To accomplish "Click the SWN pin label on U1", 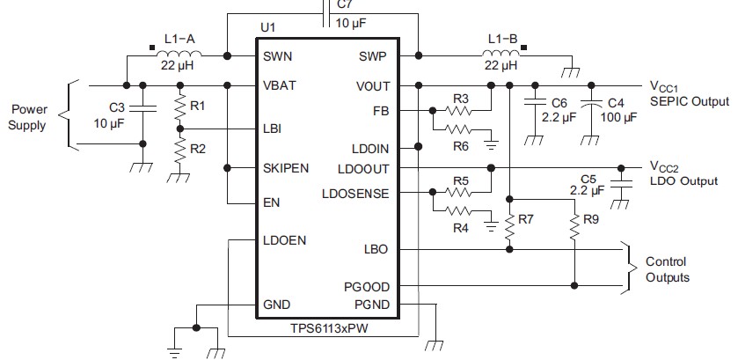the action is point(277,56).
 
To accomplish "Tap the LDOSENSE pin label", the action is point(355,194).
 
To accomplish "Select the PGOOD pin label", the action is point(367,287).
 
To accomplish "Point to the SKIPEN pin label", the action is point(286,168).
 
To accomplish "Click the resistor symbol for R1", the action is point(179,107).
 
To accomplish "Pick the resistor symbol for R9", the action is point(574,227).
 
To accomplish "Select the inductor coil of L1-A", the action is point(179,53).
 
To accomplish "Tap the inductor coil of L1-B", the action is point(501,53).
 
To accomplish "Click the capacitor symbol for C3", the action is point(142,109).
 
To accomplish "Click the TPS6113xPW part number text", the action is point(329,328).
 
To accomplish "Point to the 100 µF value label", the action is point(618,116).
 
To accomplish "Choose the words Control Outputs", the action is point(667,269).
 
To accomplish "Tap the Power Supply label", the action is point(28,117).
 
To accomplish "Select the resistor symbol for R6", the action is point(457,129).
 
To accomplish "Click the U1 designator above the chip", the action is point(267,28).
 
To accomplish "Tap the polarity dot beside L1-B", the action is point(524,48).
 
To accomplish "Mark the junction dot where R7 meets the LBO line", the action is point(508,249).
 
